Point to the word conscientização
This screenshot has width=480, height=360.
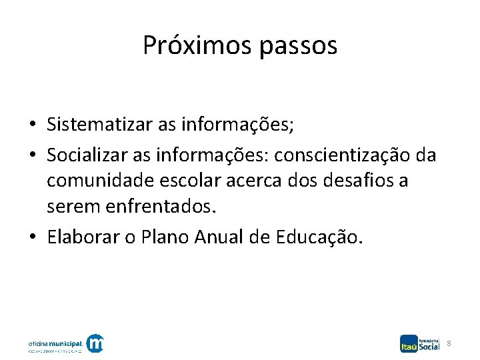coord(341,155)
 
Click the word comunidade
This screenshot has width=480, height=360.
coord(95,181)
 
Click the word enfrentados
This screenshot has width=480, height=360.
coord(161,207)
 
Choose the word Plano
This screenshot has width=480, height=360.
coord(167,238)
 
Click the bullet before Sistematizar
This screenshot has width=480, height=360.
coord(32,125)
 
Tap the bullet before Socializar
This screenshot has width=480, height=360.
coord(32,156)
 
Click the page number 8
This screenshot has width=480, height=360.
coord(449,343)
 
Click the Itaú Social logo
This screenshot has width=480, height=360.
coord(420,343)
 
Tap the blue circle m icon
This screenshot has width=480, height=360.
coord(96,343)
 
